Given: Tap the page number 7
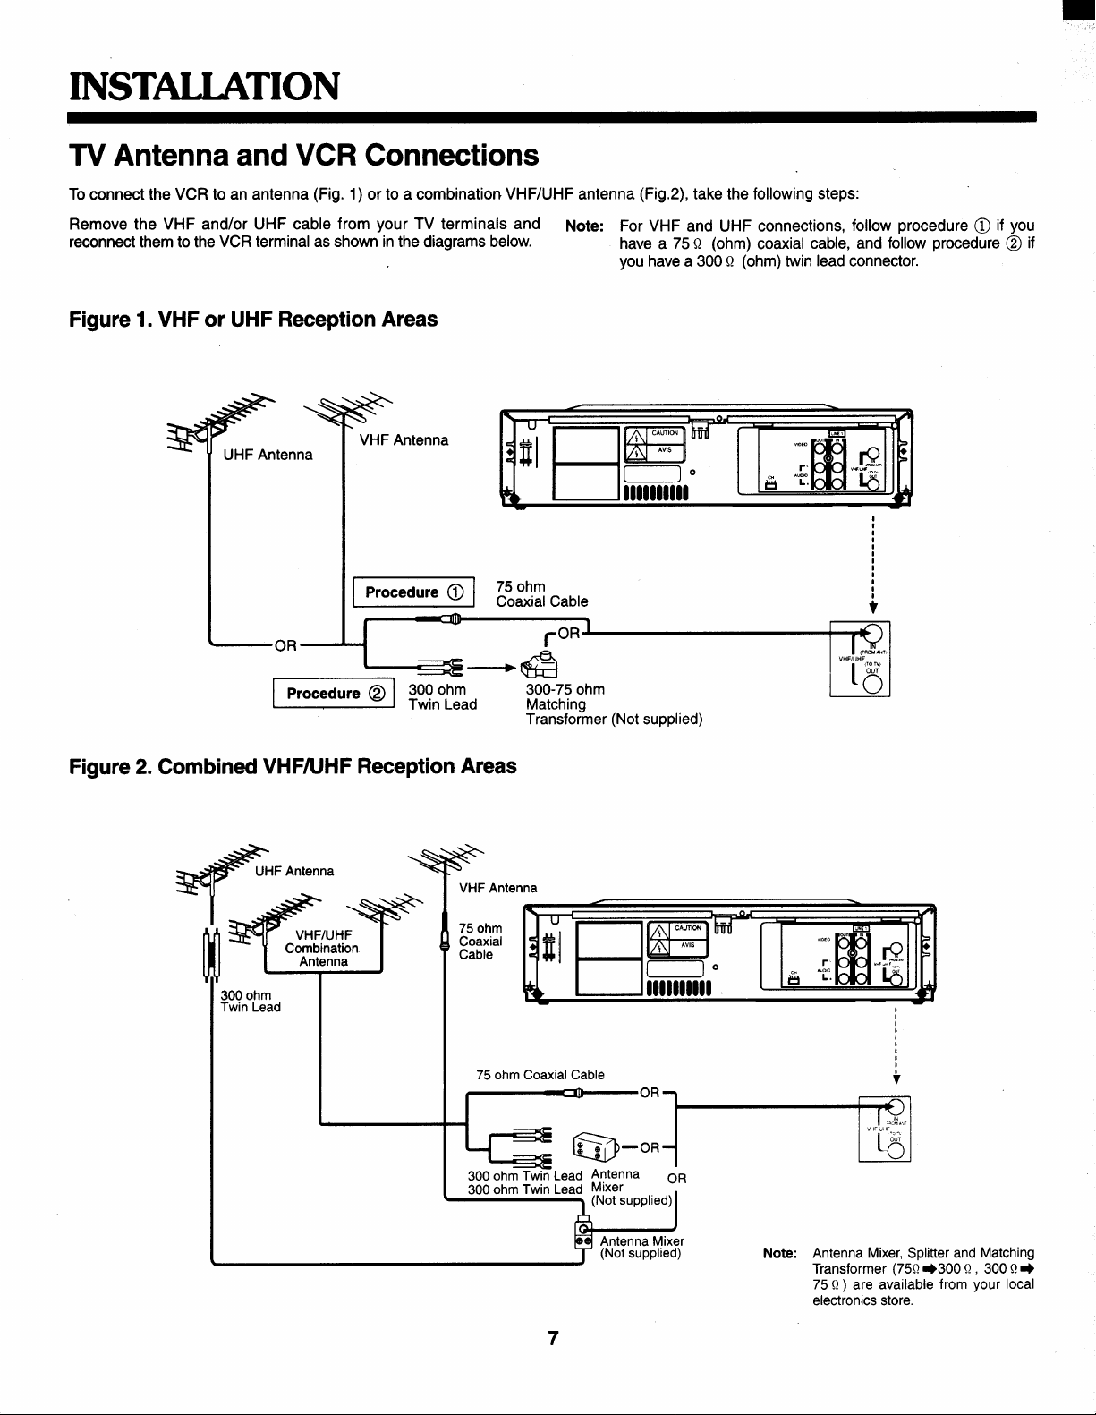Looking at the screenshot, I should pos(554,1338).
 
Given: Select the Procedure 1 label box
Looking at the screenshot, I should pos(414,592).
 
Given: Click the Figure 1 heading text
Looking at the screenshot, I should pos(253,320).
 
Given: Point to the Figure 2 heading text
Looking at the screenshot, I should pos(293,766).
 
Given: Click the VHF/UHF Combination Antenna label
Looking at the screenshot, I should pos(322,949).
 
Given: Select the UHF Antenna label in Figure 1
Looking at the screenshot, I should pos(268,455).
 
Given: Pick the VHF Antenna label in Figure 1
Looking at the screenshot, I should pos(404,439).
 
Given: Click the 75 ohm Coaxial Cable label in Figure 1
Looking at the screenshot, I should pos(541,594).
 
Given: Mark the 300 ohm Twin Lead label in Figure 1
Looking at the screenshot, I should pos(442,696).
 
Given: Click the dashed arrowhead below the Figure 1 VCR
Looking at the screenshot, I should pos(871,609).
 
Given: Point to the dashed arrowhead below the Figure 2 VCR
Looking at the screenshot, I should pos(896,1078).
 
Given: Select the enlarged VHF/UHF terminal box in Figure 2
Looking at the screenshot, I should pos(885,1129).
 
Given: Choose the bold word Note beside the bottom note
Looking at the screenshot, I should pos(779,1253).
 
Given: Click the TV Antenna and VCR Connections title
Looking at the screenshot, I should pos(304,155).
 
